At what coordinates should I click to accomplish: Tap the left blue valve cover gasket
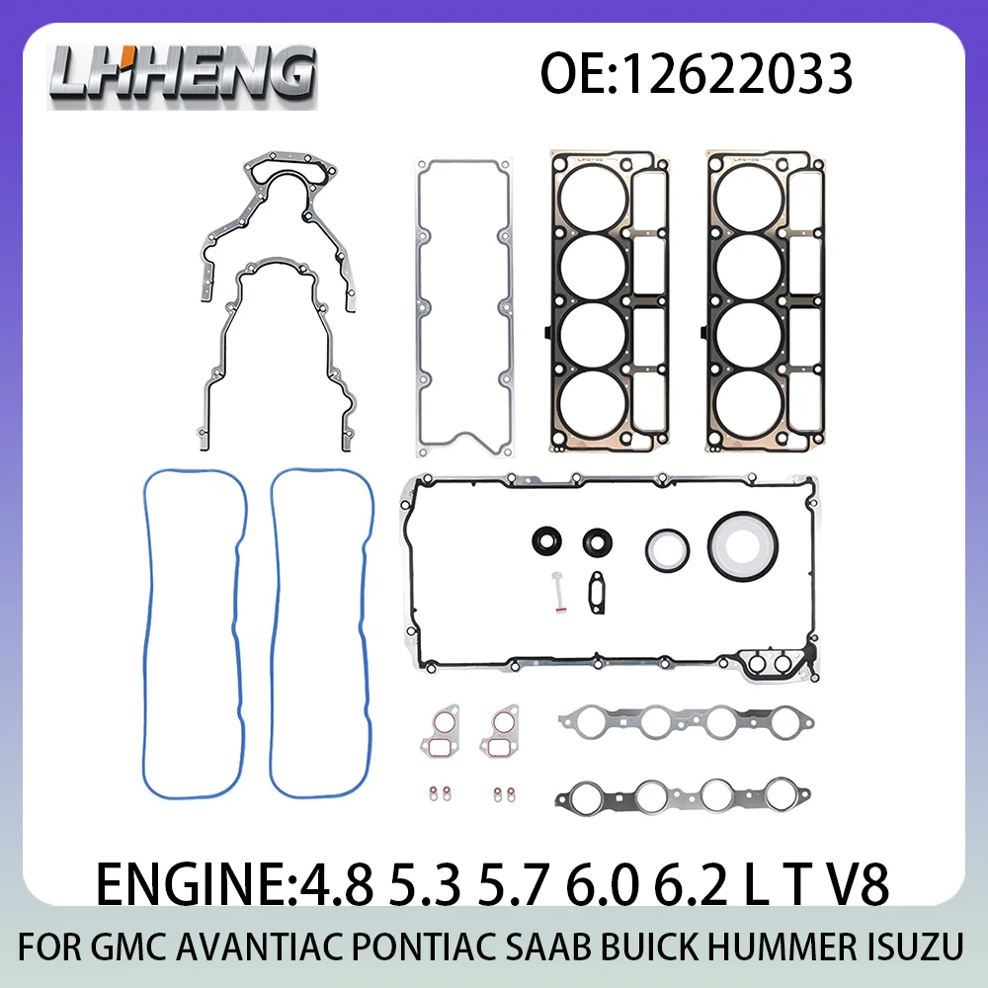pyautogui.click(x=149, y=632)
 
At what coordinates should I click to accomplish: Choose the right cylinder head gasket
pyautogui.click(x=767, y=302)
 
